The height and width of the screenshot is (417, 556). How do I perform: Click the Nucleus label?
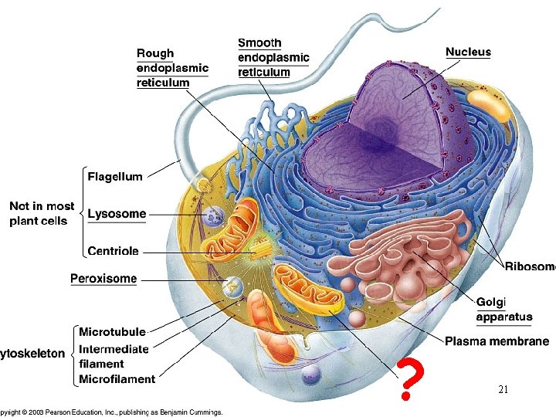[x=468, y=52]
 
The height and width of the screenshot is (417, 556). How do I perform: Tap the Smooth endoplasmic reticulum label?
[x=273, y=57]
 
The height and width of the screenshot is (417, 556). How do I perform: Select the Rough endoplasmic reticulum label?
[x=172, y=68]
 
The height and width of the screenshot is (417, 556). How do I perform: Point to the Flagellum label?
[x=115, y=176]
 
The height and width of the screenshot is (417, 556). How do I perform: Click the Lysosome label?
[x=117, y=213]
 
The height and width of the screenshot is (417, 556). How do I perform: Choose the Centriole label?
[x=114, y=251]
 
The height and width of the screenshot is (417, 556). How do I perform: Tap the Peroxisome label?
[x=103, y=278]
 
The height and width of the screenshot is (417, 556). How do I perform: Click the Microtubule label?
[x=112, y=332]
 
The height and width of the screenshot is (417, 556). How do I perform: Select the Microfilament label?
[x=117, y=378]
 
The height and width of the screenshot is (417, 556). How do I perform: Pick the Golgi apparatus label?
[x=503, y=309]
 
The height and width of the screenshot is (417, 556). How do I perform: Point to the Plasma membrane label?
[x=497, y=341]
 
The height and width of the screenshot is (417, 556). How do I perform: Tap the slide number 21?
[x=503, y=390]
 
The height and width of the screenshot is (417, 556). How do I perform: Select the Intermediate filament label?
[x=114, y=356]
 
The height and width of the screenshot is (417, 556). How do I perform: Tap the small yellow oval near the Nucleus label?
[x=489, y=105]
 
